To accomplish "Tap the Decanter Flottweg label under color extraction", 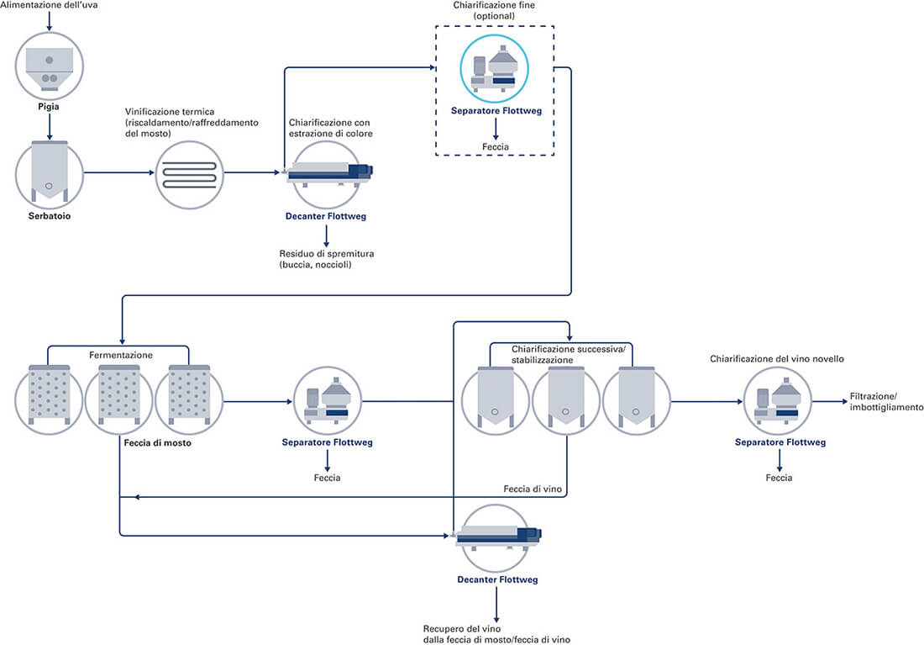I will pos(327,216).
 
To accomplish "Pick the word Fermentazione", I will pos(121,355).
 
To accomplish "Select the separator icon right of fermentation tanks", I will pos(327,400).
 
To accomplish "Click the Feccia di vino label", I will pos(532,489).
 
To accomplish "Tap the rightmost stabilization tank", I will pos(636,400).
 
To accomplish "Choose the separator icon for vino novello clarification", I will pos(780,400).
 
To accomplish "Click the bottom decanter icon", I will pos(495,537).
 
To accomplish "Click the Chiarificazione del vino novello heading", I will pos(776,359).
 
